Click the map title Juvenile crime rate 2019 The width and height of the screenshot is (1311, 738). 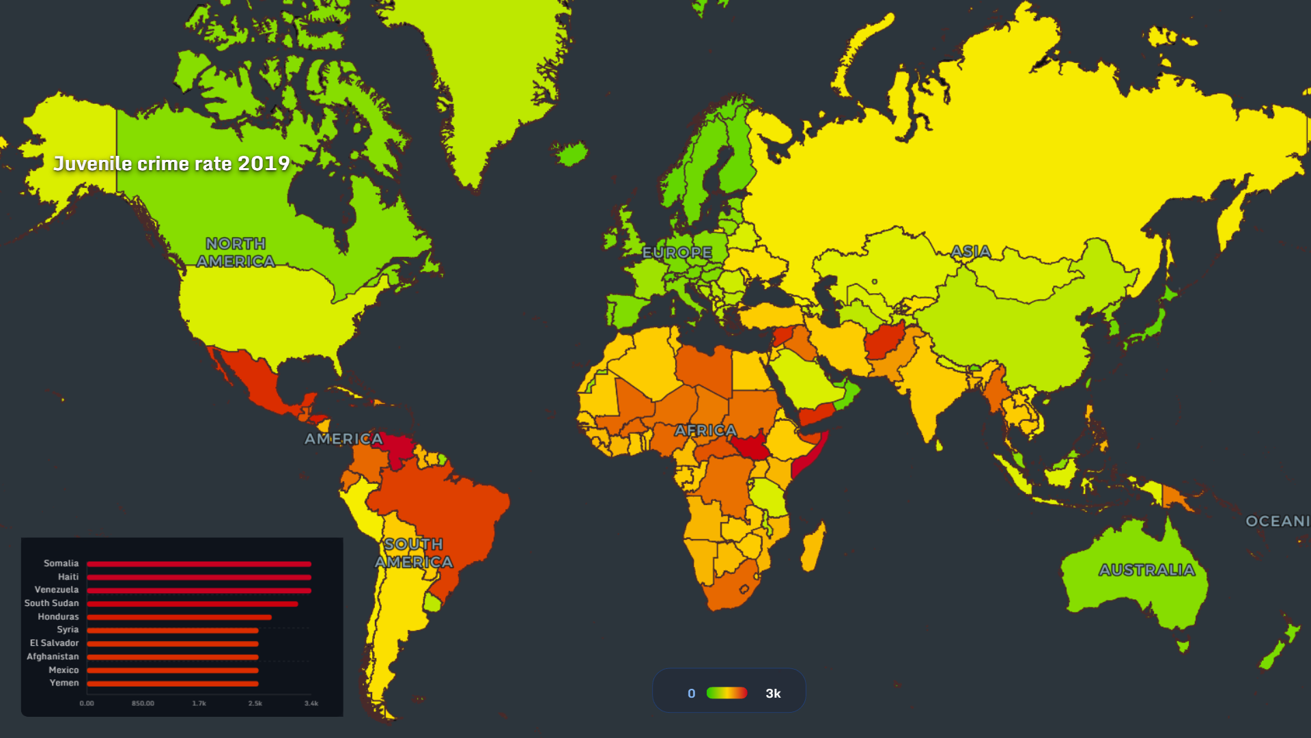171,164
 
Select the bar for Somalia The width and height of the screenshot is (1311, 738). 199,564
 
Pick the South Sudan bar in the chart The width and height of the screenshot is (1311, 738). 192,604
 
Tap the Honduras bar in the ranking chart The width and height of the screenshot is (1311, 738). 179,617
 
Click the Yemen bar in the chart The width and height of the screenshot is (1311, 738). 172,683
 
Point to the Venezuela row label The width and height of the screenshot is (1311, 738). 57,590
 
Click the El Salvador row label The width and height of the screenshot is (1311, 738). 54,643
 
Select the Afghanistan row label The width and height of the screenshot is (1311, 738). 53,657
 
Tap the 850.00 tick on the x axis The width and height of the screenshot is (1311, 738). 143,703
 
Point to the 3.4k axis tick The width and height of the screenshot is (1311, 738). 311,703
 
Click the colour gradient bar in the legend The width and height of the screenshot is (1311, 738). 727,693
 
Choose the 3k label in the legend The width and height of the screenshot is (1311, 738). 773,694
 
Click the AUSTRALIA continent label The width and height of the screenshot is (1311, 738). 1146,570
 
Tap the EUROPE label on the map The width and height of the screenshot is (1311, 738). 677,253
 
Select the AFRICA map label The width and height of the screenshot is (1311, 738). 705,430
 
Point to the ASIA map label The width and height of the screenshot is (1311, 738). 970,251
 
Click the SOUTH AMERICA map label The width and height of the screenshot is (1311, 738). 413,553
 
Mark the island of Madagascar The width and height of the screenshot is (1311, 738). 813,547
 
